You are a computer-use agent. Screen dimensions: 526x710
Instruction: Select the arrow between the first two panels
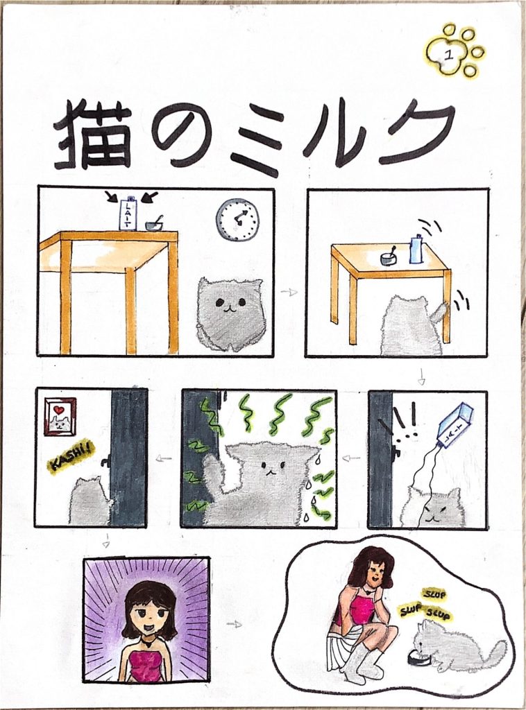tap(288, 292)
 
